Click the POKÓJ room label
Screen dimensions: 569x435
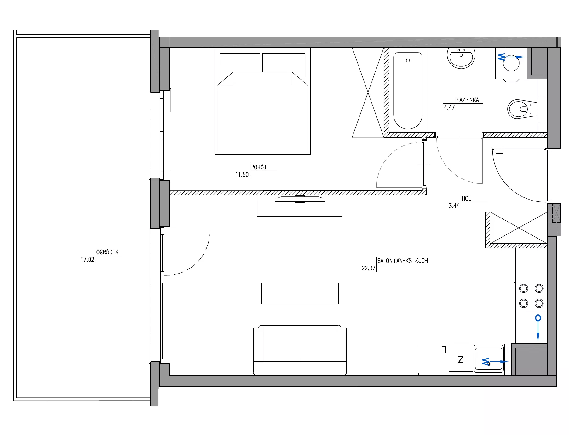click(x=258, y=167)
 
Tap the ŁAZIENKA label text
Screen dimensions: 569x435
click(x=468, y=100)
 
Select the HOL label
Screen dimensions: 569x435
click(x=466, y=199)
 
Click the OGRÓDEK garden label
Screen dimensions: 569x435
click(x=107, y=252)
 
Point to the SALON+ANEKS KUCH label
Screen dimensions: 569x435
click(x=403, y=261)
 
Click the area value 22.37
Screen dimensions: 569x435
click(x=368, y=268)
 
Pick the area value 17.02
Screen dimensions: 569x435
click(x=87, y=260)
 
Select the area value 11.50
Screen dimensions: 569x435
click(x=242, y=175)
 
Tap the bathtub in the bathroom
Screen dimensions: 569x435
click(x=408, y=91)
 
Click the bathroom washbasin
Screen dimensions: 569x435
click(x=461, y=58)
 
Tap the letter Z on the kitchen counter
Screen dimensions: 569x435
click(x=461, y=359)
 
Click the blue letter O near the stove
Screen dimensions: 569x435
click(x=538, y=318)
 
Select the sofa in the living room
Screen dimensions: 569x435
click(x=300, y=350)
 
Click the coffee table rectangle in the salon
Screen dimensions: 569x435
click(x=300, y=293)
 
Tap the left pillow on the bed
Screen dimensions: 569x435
click(x=240, y=65)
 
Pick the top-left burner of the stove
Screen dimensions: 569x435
click(x=524, y=288)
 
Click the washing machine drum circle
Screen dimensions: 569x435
click(x=511, y=63)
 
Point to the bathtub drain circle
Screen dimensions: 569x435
click(x=408, y=60)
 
